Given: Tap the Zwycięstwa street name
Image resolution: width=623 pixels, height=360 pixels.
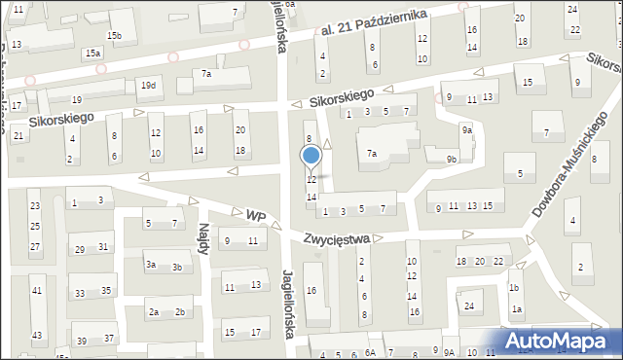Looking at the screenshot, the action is pos(336,237).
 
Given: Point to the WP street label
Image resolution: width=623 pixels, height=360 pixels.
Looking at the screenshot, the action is pos(255,214).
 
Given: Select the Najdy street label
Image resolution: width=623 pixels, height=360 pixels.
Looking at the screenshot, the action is pos(204,237).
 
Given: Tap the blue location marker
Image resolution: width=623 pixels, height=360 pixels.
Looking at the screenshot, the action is pos(311,156).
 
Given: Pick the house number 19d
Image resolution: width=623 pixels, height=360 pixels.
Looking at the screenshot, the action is pos(148,86).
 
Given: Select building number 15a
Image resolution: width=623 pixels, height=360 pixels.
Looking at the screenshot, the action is pos(92,53).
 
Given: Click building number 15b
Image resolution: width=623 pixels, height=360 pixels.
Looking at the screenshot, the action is pos(115,36).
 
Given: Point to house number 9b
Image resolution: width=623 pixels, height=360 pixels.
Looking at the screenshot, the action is pos(452,159).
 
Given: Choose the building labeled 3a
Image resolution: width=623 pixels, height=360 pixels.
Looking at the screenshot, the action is pos(151,265).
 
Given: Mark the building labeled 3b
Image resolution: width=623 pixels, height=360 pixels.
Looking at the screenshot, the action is pos(177,268).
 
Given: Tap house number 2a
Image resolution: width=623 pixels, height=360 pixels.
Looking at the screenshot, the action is pos(154,312).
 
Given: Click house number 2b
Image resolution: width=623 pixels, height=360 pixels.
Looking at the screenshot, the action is pos(180,312).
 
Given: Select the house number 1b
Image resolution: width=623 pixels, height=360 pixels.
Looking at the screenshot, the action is pos(514,288).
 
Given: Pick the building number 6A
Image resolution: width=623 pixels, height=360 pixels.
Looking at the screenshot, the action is pos(370,352).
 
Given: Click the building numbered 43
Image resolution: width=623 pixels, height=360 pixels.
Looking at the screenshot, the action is pos(37,336).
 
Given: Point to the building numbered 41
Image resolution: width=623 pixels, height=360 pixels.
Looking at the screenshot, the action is pos(37,291).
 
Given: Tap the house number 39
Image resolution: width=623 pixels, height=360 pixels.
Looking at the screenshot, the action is pos(82,341).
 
